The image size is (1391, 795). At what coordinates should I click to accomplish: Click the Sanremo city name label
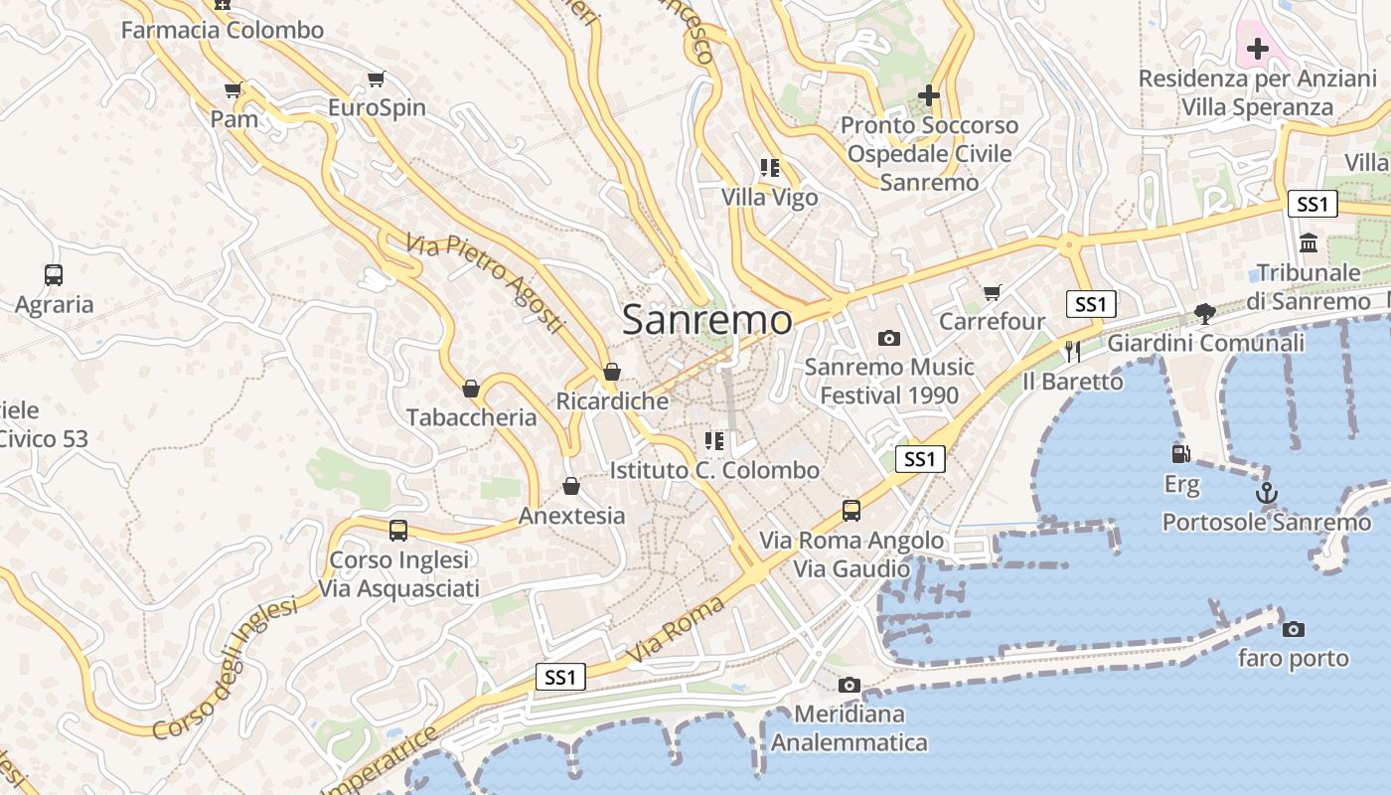pyautogui.click(x=707, y=320)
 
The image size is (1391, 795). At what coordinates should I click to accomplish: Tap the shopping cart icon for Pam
pyautogui.click(x=233, y=90)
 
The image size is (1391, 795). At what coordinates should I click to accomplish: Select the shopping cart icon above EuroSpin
pyautogui.click(x=377, y=79)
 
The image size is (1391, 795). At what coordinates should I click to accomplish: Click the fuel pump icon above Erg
pyautogui.click(x=1181, y=453)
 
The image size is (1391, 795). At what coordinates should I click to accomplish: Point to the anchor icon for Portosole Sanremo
pyautogui.click(x=1266, y=492)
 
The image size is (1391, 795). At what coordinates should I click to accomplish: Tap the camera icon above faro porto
pyautogui.click(x=1293, y=629)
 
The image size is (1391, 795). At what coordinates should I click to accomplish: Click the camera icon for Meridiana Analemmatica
pyautogui.click(x=849, y=685)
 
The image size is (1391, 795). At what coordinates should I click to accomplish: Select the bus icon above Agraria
pyautogui.click(x=54, y=275)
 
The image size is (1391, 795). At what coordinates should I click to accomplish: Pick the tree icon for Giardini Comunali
pyautogui.click(x=1205, y=314)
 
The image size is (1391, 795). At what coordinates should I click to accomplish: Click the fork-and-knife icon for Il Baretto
pyautogui.click(x=1072, y=351)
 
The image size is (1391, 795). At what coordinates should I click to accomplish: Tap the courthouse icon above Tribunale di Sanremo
pyautogui.click(x=1309, y=242)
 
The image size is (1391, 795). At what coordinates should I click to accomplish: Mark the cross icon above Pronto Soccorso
pyautogui.click(x=929, y=95)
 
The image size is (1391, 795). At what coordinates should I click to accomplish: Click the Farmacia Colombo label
pyautogui.click(x=223, y=30)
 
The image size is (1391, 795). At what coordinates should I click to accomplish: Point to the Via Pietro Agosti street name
pyautogui.click(x=486, y=282)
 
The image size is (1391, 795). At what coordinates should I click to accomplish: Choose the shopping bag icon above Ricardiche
pyautogui.click(x=612, y=372)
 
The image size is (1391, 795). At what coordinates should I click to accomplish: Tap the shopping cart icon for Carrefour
pyautogui.click(x=992, y=292)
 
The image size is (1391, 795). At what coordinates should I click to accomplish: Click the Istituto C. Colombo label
pyautogui.click(x=715, y=470)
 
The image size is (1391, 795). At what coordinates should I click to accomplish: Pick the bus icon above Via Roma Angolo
pyautogui.click(x=851, y=511)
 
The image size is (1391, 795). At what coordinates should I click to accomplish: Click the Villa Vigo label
pyautogui.click(x=770, y=198)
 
